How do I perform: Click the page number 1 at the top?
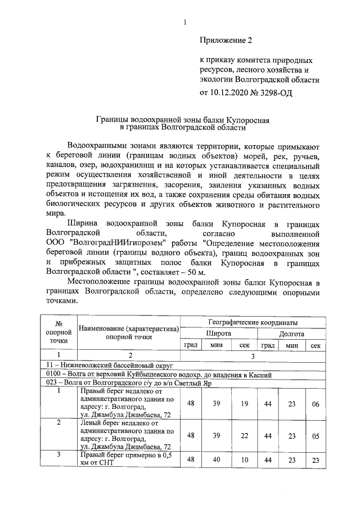184,22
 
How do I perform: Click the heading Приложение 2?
227,40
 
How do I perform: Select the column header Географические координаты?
252,322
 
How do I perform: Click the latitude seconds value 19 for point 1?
245,403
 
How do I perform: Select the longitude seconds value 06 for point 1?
316,403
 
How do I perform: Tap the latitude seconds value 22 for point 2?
245,435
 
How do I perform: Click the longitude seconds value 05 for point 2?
316,435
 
